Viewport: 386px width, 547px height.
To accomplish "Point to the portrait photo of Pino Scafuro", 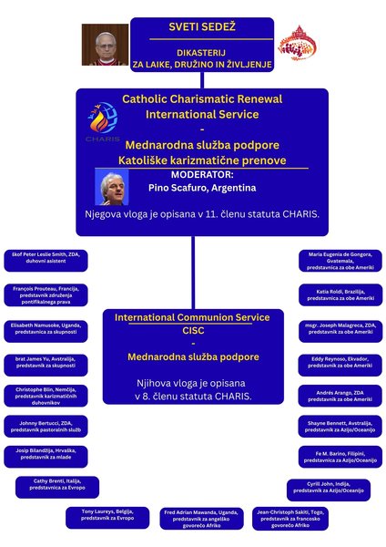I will pyautogui.click(x=114, y=189).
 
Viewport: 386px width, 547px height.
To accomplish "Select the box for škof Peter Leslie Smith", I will pyautogui.click(x=46, y=259).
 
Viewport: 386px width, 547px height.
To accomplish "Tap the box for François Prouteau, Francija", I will pyautogui.click(x=46, y=295).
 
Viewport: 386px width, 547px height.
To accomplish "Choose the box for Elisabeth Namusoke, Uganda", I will pyautogui.click(x=46, y=329).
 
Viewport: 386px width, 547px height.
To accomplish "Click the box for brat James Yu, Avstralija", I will pyautogui.click(x=46, y=365).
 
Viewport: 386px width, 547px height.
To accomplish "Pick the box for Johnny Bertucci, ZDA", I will pyautogui.click(x=46, y=427).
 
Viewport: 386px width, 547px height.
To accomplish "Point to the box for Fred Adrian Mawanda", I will pyautogui.click(x=201, y=517).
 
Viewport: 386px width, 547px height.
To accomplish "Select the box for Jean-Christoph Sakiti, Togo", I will pyautogui.click(x=294, y=517).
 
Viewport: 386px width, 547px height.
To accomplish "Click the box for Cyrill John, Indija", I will pyautogui.click(x=329, y=490).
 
